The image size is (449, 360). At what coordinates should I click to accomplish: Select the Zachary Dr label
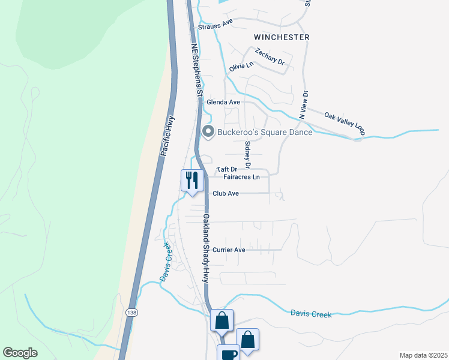coord(269,57)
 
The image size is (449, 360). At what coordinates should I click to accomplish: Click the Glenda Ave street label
coord(223,102)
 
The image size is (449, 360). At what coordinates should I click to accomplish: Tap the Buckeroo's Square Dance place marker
coord(208,132)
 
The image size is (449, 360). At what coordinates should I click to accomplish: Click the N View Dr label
coord(304,104)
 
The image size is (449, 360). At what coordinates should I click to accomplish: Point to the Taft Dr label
coord(227,170)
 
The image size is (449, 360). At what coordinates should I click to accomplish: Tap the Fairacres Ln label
coord(241,177)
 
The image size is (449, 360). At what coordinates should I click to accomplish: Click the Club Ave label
coord(226,193)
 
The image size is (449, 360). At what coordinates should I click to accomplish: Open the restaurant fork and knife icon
coord(192,179)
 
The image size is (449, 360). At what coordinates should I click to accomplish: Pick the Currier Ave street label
coord(230,250)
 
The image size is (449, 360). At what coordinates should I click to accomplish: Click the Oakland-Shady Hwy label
coord(205,248)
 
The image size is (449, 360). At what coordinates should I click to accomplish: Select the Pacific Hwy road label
coord(167,136)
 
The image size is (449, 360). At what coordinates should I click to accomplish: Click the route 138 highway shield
coord(131,313)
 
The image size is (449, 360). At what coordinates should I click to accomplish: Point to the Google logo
coord(20,353)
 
